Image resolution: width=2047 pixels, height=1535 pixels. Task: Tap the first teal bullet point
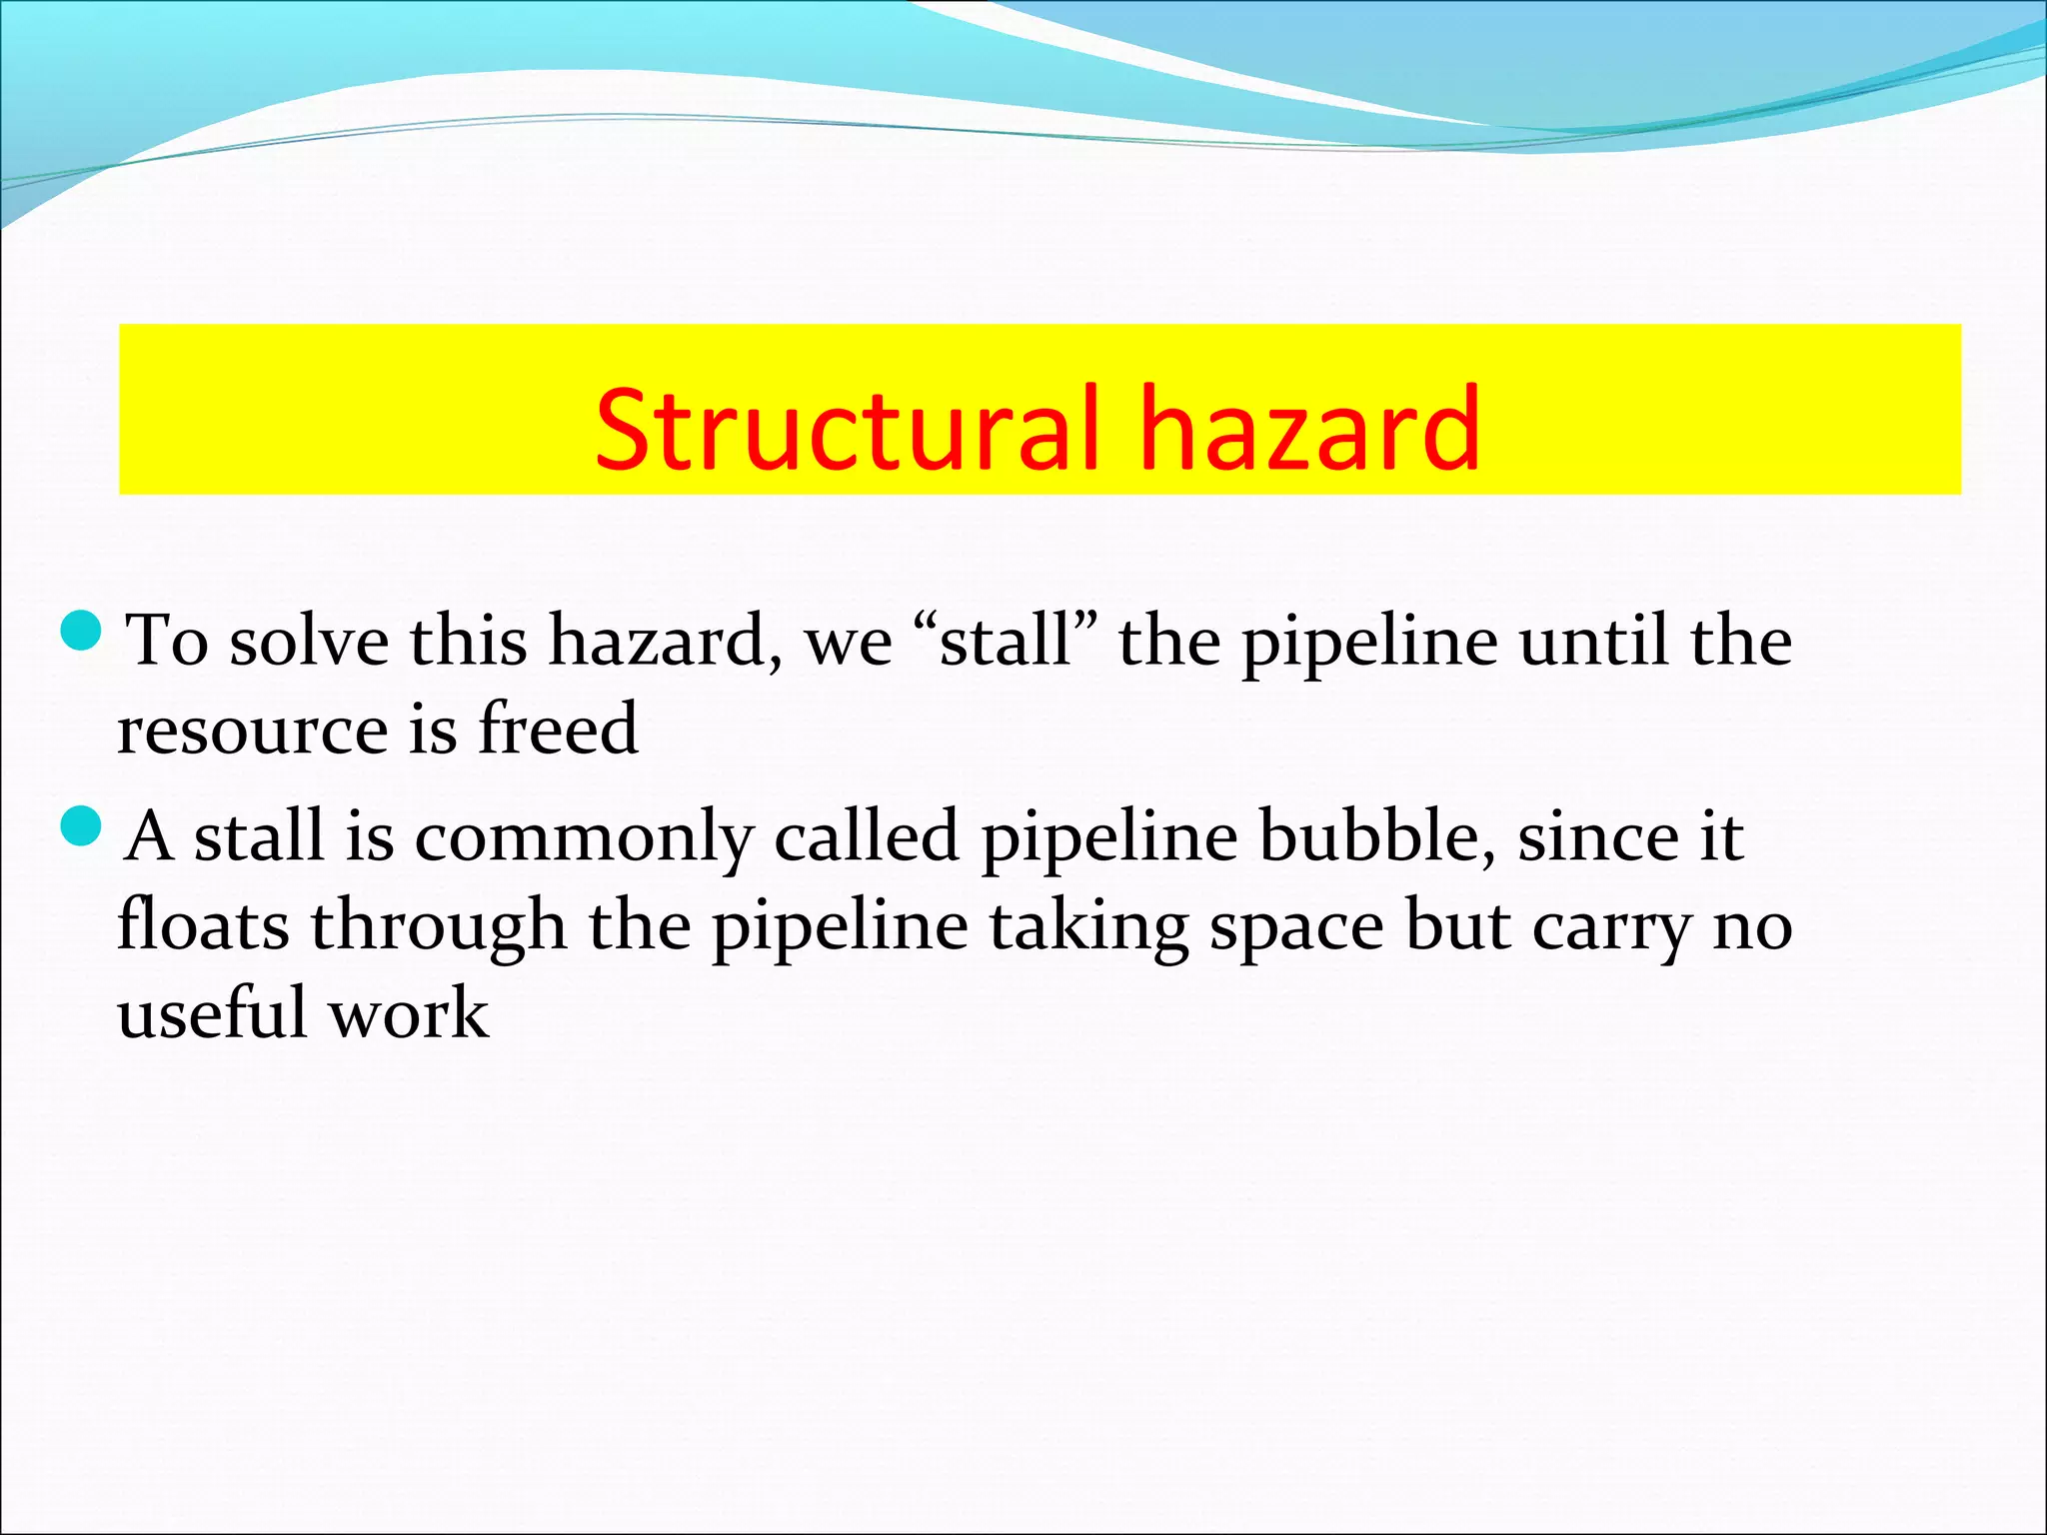[x=81, y=631]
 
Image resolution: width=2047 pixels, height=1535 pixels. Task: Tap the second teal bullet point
[x=81, y=825]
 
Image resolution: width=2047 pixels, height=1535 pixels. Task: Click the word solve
[x=310, y=641]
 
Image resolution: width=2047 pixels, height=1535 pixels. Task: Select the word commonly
[x=584, y=837]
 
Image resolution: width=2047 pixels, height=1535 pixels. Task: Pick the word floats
[x=203, y=924]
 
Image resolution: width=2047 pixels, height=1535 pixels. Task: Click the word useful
[x=212, y=1013]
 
